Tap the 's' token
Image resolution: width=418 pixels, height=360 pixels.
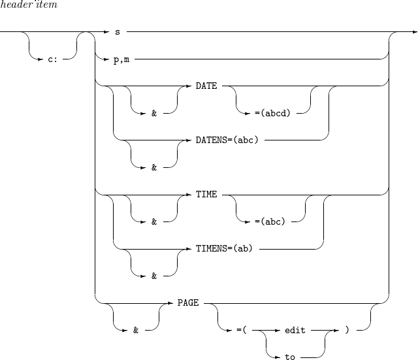click(x=117, y=31)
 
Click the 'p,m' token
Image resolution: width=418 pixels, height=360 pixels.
click(x=121, y=59)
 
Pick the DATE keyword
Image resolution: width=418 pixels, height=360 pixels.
click(x=206, y=86)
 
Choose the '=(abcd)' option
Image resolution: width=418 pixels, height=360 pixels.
click(x=272, y=113)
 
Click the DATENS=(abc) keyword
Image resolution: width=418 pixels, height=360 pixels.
click(x=228, y=140)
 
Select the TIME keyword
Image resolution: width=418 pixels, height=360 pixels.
click(x=206, y=195)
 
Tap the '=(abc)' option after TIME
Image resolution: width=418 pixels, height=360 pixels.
click(x=270, y=222)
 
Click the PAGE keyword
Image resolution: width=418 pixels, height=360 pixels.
click(x=188, y=304)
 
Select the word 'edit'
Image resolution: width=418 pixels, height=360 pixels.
click(x=295, y=331)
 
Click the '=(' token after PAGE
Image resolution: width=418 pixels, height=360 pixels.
click(x=240, y=331)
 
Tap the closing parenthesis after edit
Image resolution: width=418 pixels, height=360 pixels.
click(x=347, y=331)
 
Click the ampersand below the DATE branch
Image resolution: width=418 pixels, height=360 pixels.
click(x=154, y=113)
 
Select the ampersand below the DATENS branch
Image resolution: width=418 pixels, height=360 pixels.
click(x=154, y=167)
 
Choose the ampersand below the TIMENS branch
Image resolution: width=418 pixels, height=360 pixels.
click(x=154, y=276)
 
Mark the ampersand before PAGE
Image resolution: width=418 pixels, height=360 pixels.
click(x=136, y=331)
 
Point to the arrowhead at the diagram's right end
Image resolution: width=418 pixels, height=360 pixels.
click(x=414, y=31)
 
